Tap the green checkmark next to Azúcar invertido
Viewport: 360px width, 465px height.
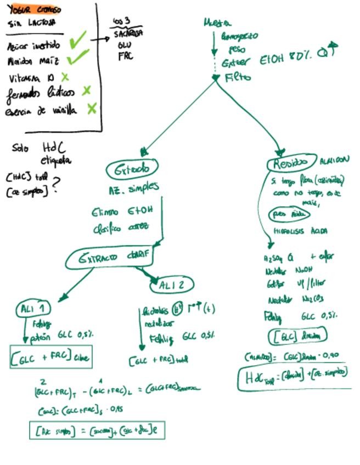pos(78,39)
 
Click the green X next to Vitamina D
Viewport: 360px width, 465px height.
pos(65,77)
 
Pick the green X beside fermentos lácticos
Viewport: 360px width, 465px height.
pos(86,90)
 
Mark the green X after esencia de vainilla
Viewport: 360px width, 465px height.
pos(92,109)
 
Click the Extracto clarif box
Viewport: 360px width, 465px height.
pos(110,258)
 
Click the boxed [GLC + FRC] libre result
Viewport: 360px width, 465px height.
pos(50,358)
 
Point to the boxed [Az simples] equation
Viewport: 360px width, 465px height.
pos(97,430)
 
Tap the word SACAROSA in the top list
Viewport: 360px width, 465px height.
pos(128,33)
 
